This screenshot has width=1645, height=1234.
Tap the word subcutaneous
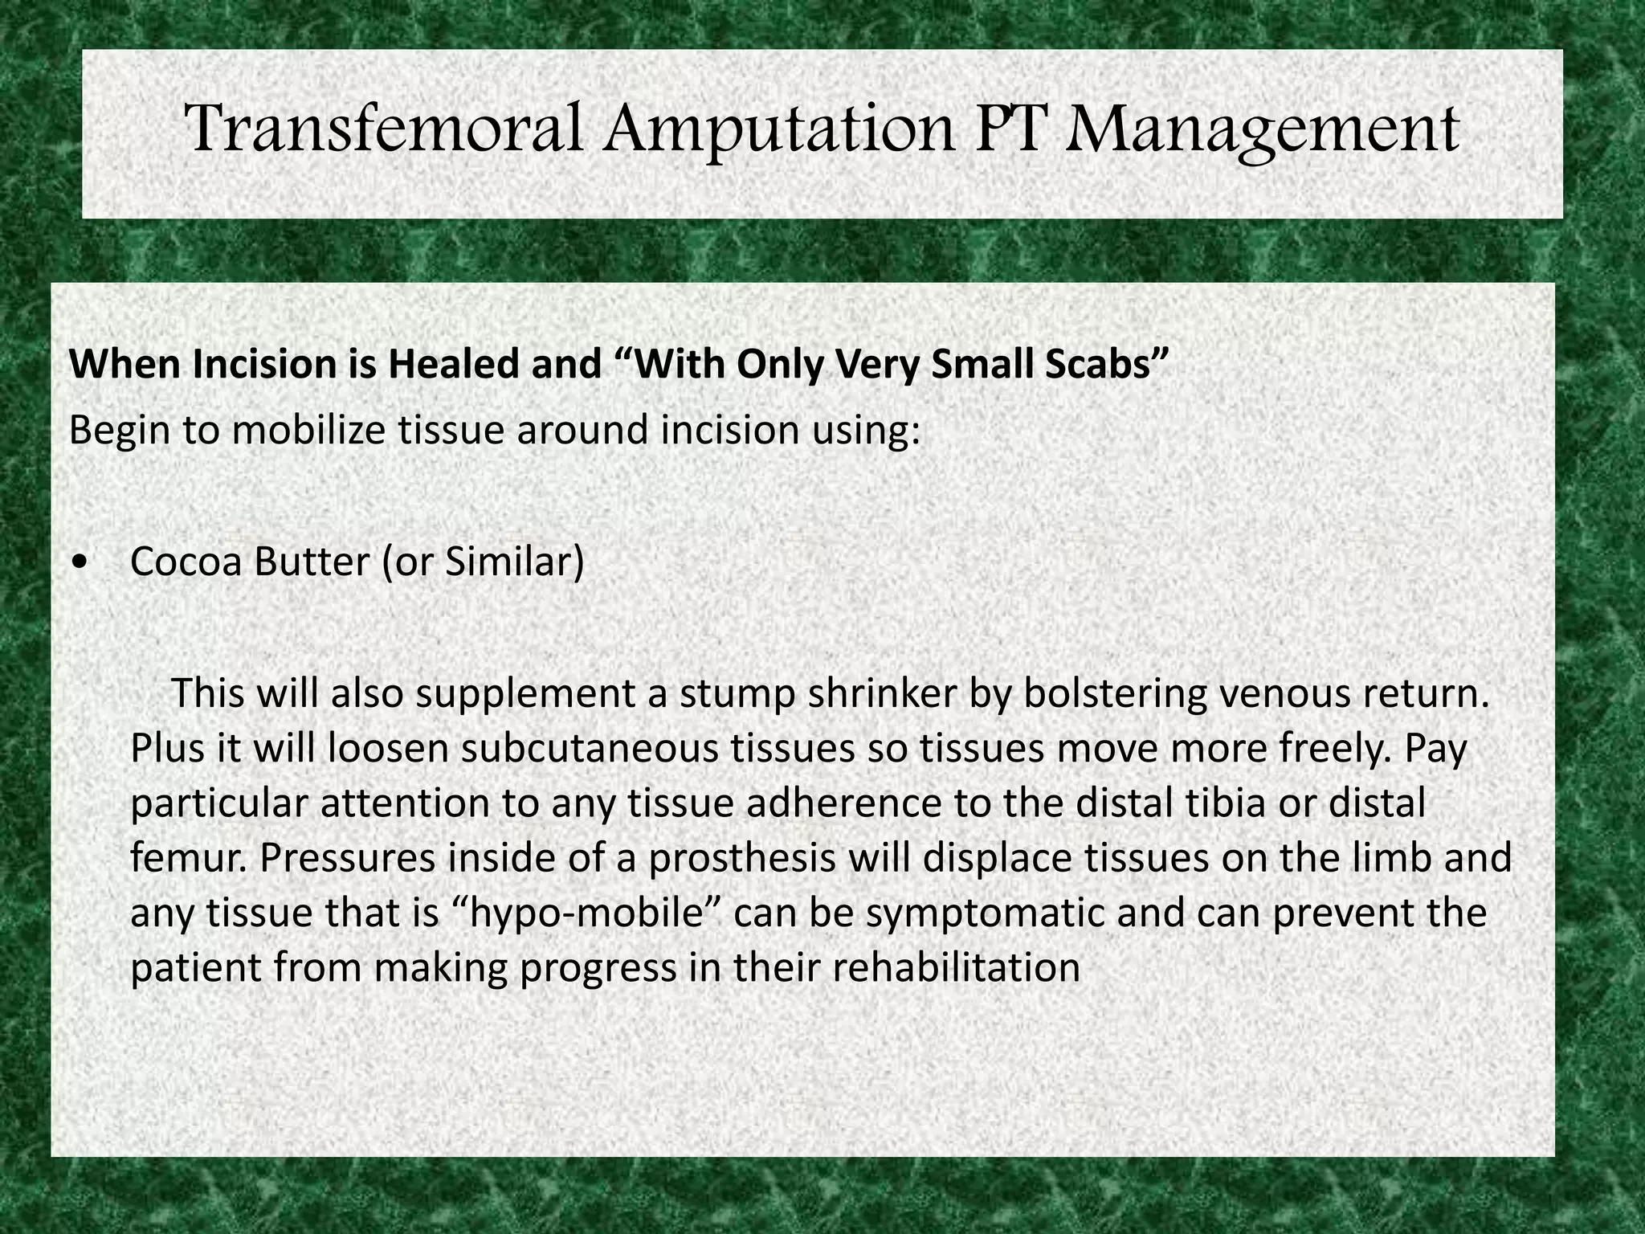coord(585,750)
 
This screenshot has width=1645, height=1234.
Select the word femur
coord(188,859)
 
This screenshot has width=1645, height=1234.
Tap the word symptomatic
coord(951,914)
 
